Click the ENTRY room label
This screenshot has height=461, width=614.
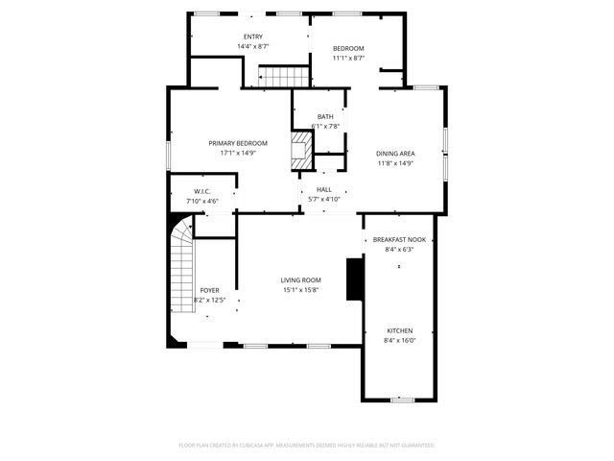[253, 36]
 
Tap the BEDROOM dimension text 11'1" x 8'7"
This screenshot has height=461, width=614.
[348, 58]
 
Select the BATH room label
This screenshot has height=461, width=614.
[326, 116]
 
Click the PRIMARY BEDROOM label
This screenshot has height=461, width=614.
[237, 142]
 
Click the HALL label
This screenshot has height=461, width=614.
[323, 189]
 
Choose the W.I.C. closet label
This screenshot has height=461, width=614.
[201, 191]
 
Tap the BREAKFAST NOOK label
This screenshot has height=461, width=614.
[399, 239]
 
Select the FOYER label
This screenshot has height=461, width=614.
[209, 290]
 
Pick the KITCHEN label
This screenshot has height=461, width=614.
[399, 330]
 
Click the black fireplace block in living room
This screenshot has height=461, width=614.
[355, 279]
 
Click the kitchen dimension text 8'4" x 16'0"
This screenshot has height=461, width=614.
[399, 340]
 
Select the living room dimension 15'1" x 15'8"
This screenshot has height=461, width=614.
[300, 290]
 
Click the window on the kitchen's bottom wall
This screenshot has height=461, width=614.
[402, 400]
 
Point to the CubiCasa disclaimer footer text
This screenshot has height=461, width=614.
[307, 446]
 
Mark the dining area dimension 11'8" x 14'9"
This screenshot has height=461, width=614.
[394, 163]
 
